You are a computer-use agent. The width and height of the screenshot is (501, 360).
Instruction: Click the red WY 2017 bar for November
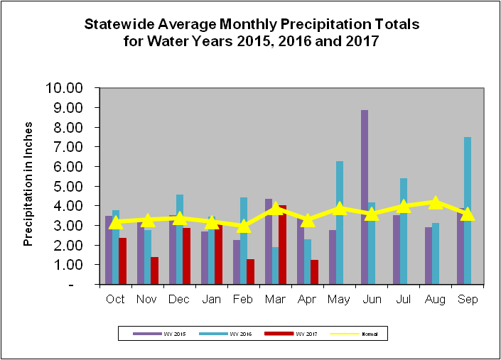click(x=154, y=271)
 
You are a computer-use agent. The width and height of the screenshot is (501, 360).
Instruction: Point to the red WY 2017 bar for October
click(x=122, y=261)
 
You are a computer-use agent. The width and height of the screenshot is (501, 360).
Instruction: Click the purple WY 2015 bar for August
click(x=428, y=256)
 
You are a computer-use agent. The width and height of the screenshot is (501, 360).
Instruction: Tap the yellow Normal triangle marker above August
click(x=436, y=202)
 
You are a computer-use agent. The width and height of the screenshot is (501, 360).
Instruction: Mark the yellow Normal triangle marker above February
click(x=244, y=226)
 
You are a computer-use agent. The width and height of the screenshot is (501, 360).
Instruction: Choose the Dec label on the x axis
click(x=179, y=299)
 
